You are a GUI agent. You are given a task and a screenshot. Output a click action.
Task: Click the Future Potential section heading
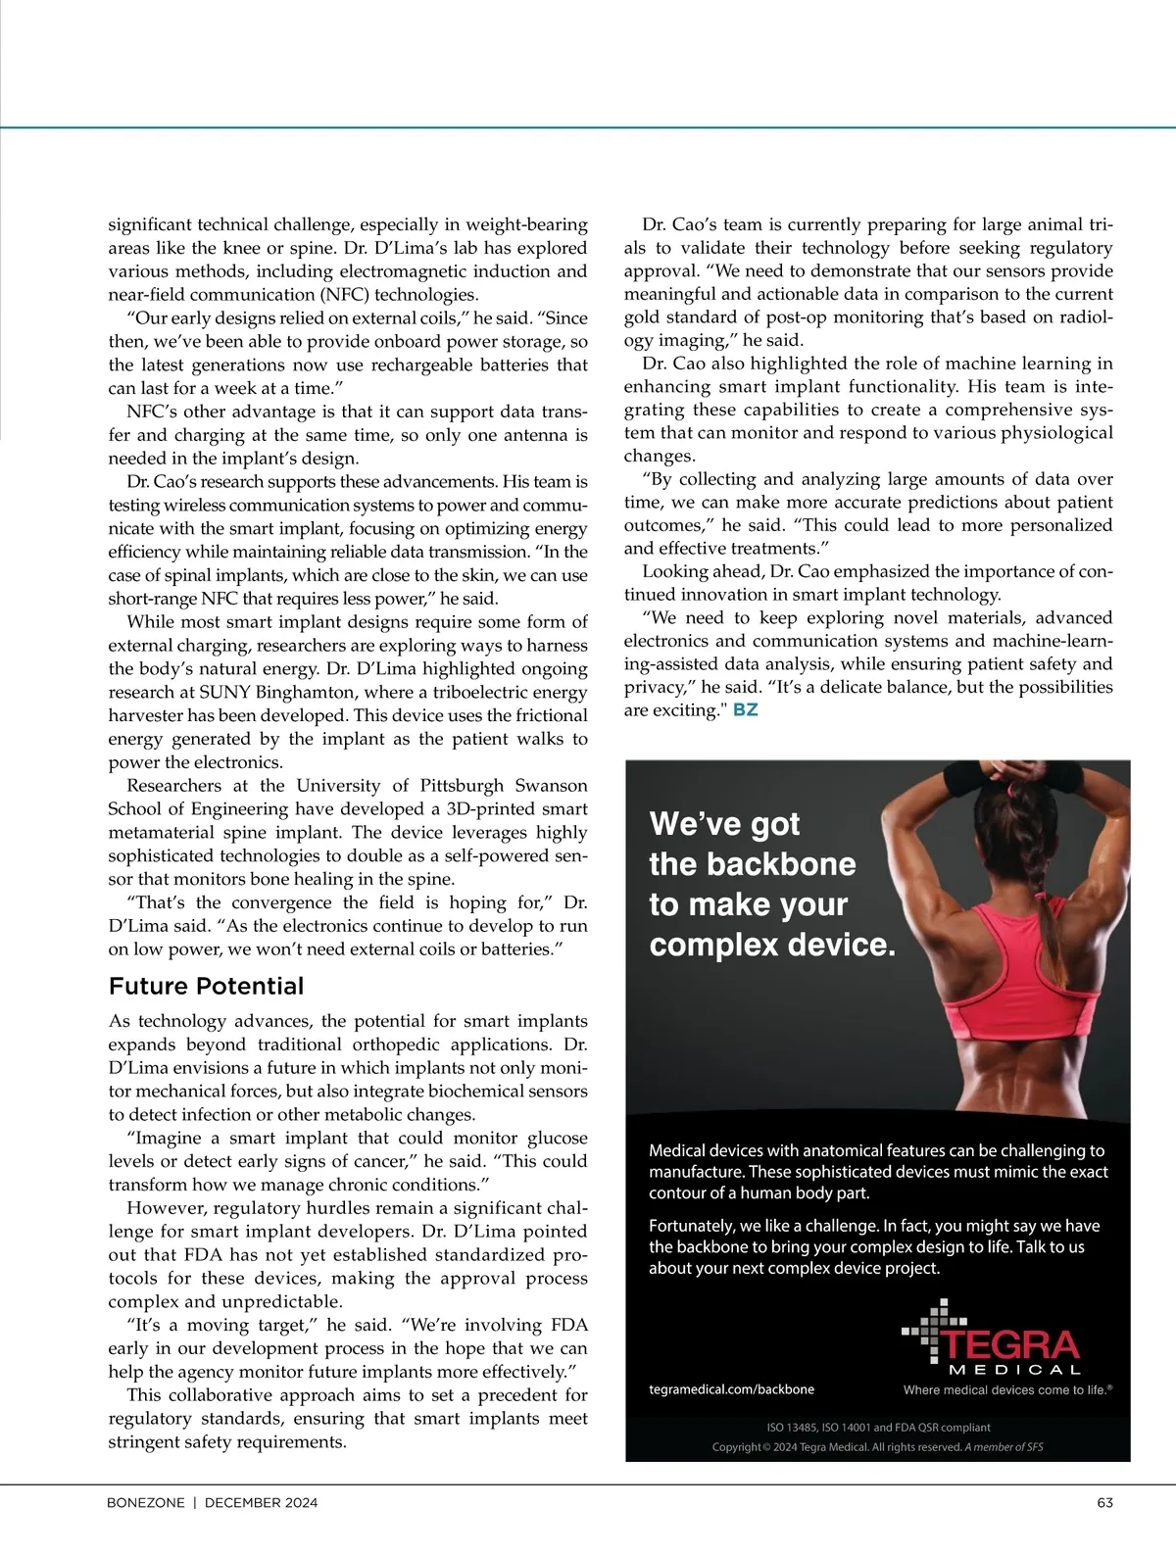206,986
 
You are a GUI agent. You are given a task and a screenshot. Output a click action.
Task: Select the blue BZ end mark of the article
745,709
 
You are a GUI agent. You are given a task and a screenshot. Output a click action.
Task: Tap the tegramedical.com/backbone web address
731,1388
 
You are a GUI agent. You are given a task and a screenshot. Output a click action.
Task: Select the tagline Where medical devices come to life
1007,1389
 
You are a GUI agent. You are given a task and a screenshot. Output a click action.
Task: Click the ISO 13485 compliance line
877,1427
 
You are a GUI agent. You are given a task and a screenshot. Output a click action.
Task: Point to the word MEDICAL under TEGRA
1014,1369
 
